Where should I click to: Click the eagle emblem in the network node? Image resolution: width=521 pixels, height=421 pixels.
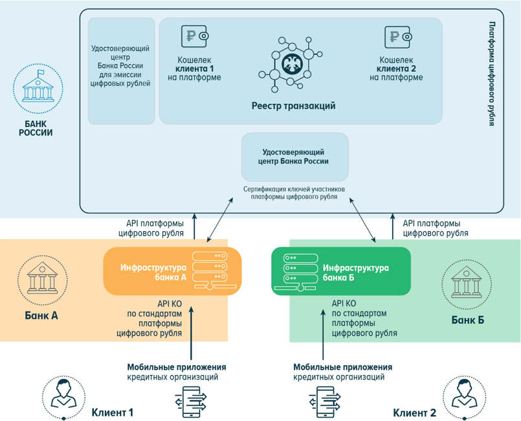[x=292, y=63]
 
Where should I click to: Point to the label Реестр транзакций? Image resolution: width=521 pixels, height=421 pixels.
[x=293, y=106]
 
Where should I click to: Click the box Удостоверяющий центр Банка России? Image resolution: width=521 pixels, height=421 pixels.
[x=294, y=157]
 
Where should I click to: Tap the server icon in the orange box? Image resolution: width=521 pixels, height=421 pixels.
[x=211, y=271]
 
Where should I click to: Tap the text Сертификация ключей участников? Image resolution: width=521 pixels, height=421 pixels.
[x=294, y=189]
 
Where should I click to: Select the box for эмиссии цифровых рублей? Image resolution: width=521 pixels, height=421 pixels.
[x=121, y=70]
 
